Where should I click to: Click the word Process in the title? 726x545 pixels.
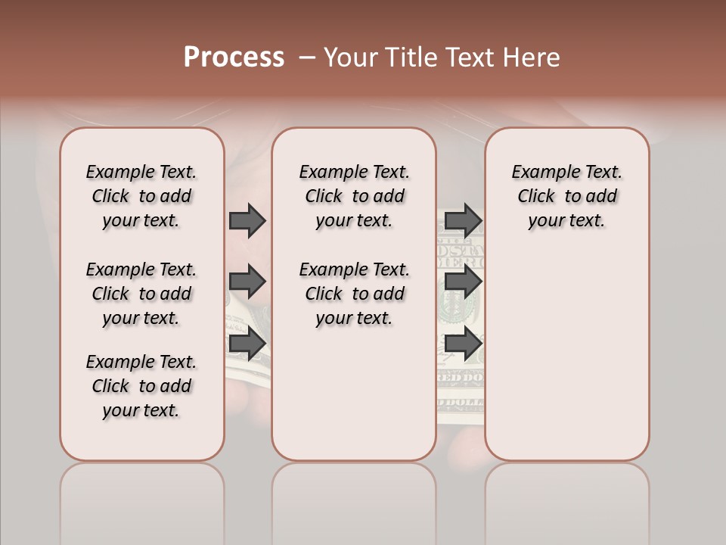pos(234,58)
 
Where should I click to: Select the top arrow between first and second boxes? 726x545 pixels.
pos(247,220)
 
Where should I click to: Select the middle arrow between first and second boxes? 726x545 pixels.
pos(247,282)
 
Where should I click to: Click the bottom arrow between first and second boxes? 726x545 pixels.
pos(247,344)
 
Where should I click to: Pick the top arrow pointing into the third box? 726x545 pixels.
pos(463,220)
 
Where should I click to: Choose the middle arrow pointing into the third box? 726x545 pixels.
pos(463,282)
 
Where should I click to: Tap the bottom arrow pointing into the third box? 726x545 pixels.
pos(463,344)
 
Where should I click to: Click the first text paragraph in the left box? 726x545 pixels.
pos(141,196)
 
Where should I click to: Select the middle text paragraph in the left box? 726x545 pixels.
pos(141,294)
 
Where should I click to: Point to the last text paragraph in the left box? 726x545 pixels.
pos(141,386)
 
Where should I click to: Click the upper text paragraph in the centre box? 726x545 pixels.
pos(354,196)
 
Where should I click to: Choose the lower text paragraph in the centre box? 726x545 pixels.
pos(354,294)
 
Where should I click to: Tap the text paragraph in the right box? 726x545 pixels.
pos(566,196)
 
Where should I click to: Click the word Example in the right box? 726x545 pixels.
pos(541,173)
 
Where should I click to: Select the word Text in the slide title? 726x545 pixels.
pos(467,58)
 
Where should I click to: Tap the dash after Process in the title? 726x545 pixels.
pos(307,58)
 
